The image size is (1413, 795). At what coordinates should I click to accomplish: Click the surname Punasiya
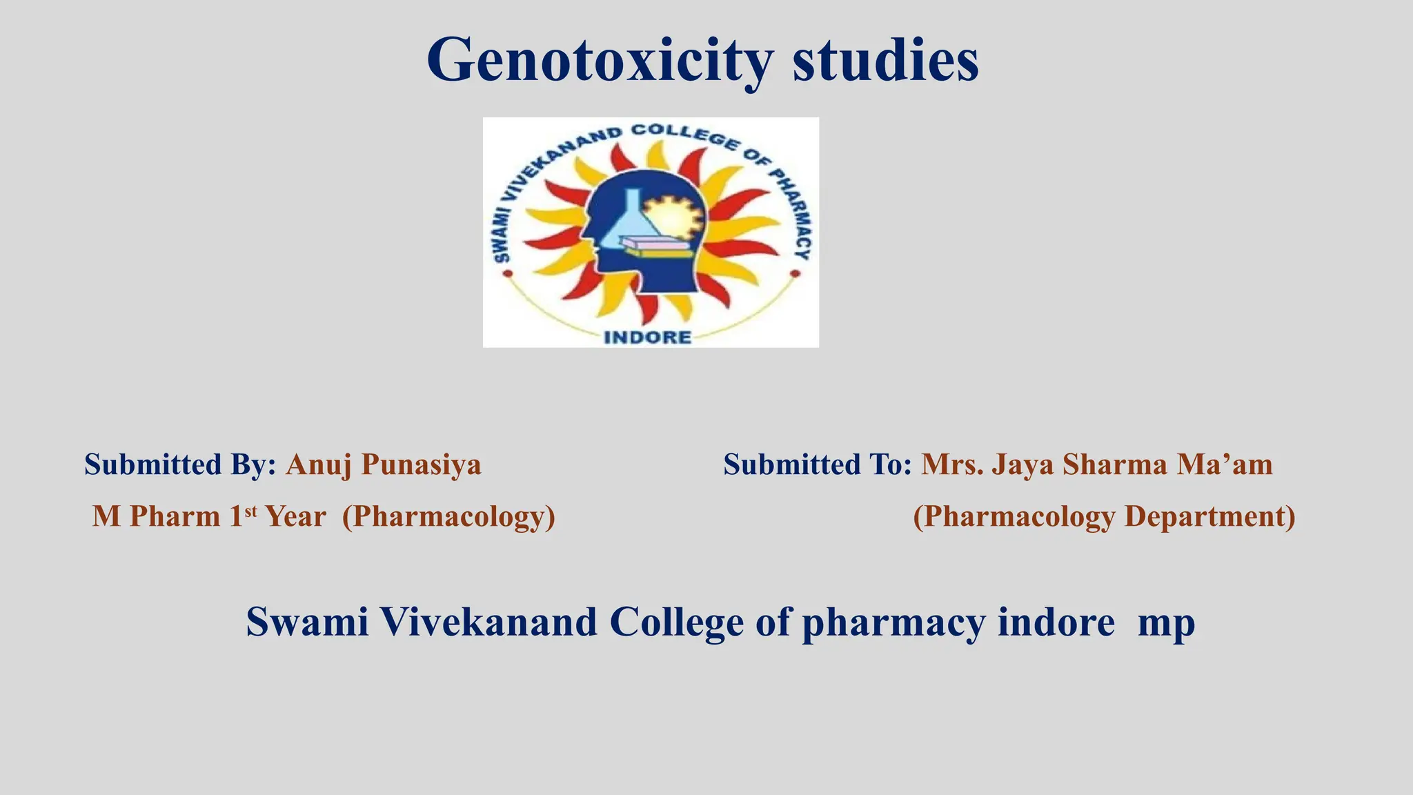422,465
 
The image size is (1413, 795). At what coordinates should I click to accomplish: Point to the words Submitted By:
180,464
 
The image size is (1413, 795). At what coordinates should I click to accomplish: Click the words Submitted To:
818,464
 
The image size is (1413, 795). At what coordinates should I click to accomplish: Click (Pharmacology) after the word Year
448,517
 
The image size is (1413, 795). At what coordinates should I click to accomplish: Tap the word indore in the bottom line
1056,622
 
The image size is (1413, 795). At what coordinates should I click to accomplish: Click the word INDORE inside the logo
647,337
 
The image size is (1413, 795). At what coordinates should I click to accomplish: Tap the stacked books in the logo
655,247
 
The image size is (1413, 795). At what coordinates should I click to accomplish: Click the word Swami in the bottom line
307,622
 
